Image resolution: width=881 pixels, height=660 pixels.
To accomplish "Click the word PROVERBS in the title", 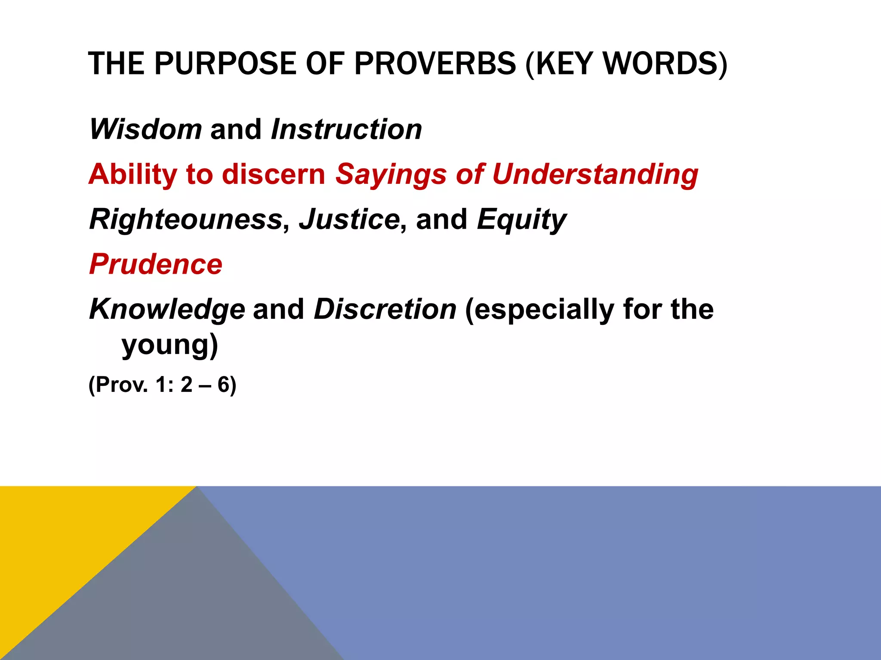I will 435,64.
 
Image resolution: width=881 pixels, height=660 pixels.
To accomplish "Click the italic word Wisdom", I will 145,129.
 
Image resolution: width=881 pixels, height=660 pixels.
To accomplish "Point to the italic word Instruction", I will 346,129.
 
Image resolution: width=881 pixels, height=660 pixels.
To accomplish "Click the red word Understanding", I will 595,175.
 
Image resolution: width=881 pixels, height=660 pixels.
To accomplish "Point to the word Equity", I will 521,220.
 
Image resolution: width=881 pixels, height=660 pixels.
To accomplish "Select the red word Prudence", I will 156,264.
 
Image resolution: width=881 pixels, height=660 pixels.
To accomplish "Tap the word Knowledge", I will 167,310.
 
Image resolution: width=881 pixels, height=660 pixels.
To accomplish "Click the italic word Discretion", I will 385,309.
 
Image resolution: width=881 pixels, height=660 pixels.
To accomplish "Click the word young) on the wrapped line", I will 170,345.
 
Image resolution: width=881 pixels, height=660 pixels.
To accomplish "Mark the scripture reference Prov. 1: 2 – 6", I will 163,385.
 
